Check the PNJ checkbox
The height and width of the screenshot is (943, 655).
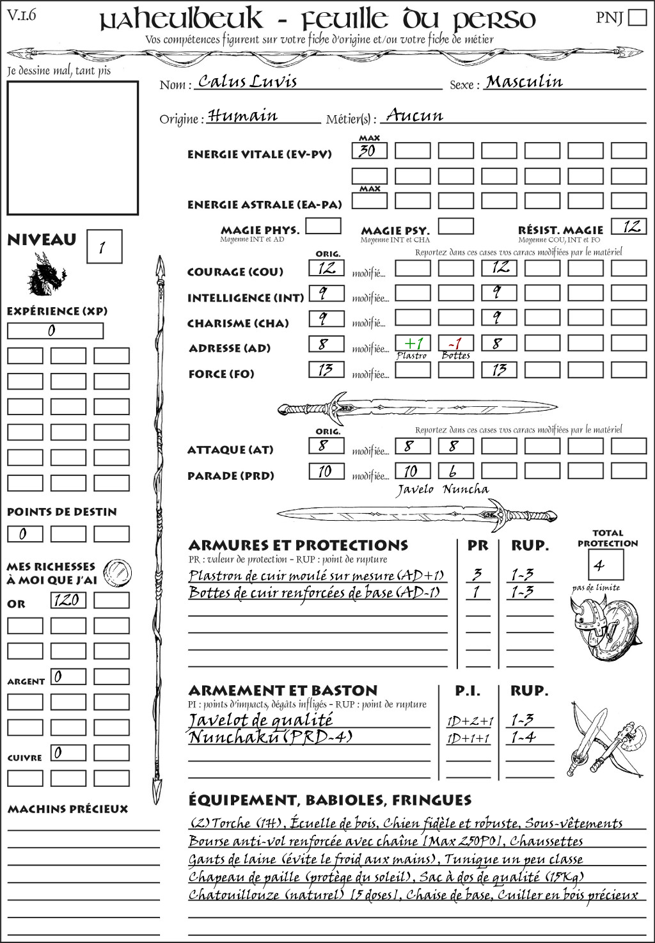click(637, 17)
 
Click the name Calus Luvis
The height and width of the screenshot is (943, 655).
click(248, 81)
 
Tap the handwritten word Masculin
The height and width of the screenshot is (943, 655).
click(524, 82)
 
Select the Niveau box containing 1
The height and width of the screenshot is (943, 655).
click(104, 247)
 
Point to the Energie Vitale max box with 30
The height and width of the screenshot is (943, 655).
click(369, 151)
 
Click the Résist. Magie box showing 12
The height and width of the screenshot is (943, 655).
click(629, 226)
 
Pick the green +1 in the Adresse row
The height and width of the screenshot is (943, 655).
click(413, 344)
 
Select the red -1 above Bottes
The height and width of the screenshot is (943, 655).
click(455, 344)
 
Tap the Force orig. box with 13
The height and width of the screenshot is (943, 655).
click(326, 370)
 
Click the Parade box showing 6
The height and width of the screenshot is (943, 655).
click(455, 471)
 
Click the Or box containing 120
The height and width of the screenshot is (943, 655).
click(68, 600)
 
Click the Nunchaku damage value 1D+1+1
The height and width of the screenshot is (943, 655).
click(470, 738)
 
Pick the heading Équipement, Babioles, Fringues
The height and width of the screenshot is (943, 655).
click(329, 800)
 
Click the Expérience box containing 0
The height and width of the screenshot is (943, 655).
click(55, 331)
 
